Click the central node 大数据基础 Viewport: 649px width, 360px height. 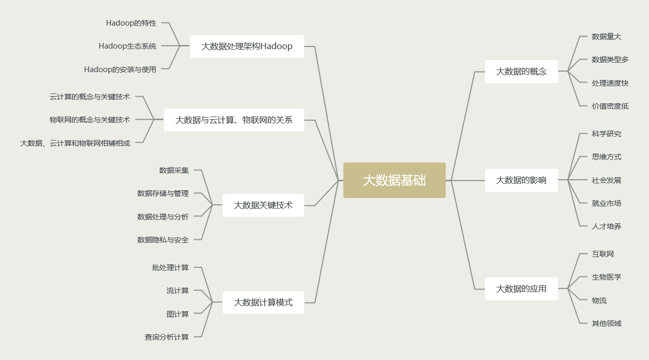[394, 180]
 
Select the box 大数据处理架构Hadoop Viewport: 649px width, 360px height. [247, 47]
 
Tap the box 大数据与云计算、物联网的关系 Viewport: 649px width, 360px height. [234, 120]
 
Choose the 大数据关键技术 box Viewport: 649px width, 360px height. [263, 205]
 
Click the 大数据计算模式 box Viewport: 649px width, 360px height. [263, 303]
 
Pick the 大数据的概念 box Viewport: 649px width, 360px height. [521, 72]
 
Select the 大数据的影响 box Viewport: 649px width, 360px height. [521, 180]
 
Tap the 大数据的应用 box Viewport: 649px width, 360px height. [521, 289]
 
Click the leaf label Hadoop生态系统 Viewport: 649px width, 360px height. [128, 46]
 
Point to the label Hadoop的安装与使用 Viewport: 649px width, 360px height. [120, 69]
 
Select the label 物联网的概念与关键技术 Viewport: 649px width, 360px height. [90, 120]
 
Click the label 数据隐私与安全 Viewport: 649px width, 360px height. [163, 240]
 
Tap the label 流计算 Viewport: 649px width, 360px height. [178, 291]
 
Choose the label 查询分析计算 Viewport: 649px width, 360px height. [167, 337]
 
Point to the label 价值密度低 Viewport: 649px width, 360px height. [610, 106]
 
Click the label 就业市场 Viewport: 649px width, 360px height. [606, 203]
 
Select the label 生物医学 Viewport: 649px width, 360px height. [606, 277]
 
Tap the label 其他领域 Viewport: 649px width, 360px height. [606, 323]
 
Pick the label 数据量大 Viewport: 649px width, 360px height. [606, 37]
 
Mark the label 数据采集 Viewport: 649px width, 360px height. [174, 170]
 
